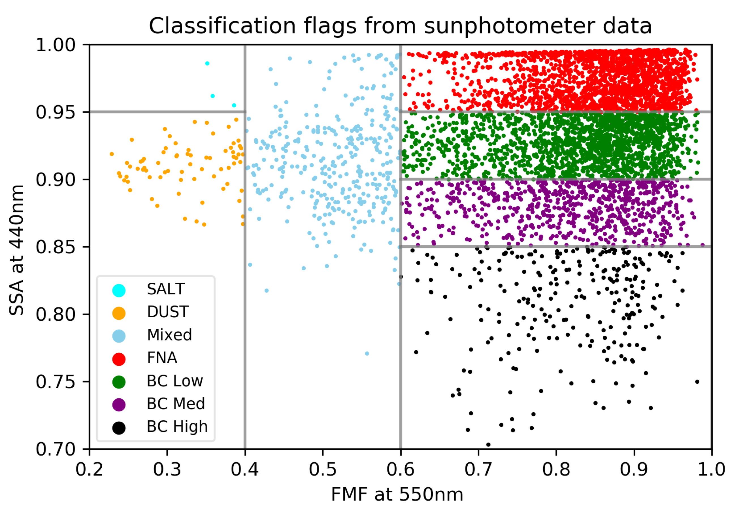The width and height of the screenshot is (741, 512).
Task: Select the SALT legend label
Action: (x=166, y=289)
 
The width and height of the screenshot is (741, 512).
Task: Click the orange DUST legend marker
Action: (x=119, y=313)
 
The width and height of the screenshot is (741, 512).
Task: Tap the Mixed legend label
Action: (x=169, y=335)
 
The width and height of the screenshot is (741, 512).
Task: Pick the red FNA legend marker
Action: (x=119, y=359)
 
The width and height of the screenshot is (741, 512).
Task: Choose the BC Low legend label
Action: (x=175, y=381)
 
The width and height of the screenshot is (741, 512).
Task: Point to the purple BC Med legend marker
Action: (x=119, y=405)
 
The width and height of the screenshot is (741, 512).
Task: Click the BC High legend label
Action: (x=177, y=427)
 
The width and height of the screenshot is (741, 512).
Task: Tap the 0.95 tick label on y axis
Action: (x=56, y=112)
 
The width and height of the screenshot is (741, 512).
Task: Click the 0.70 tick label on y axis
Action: (x=56, y=449)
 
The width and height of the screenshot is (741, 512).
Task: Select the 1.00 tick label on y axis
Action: (x=56, y=45)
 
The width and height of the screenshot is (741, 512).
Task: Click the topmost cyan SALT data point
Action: (x=207, y=63)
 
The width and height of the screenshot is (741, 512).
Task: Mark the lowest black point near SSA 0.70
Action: (x=488, y=445)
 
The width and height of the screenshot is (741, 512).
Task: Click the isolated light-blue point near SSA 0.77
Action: (x=367, y=354)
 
